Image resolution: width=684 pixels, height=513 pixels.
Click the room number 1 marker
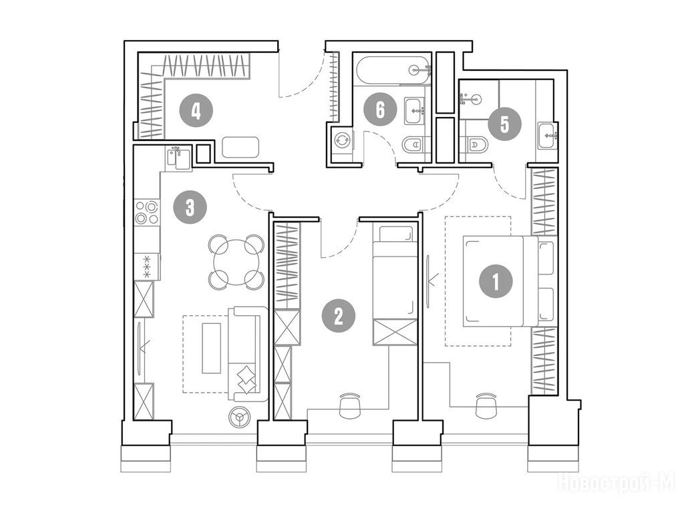click(x=496, y=282)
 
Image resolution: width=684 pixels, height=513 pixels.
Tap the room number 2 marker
click(x=339, y=316)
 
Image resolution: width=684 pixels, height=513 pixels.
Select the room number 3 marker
click(x=190, y=207)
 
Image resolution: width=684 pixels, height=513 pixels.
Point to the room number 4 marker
click(x=196, y=111)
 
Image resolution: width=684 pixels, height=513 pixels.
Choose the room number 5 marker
click(x=505, y=125)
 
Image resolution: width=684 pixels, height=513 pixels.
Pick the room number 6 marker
click(x=380, y=110)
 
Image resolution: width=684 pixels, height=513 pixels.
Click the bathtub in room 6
click(x=394, y=69)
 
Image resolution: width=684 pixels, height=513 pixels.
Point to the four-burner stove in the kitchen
click(x=146, y=212)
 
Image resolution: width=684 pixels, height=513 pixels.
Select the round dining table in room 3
click(x=236, y=262)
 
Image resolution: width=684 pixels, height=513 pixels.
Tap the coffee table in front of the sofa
click(x=212, y=347)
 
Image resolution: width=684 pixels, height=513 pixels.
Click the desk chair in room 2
click(x=350, y=405)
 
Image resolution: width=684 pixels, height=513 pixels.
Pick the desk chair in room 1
click(x=486, y=405)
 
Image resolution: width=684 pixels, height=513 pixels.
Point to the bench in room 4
click(x=240, y=148)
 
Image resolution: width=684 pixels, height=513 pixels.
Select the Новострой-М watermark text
click(x=617, y=483)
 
